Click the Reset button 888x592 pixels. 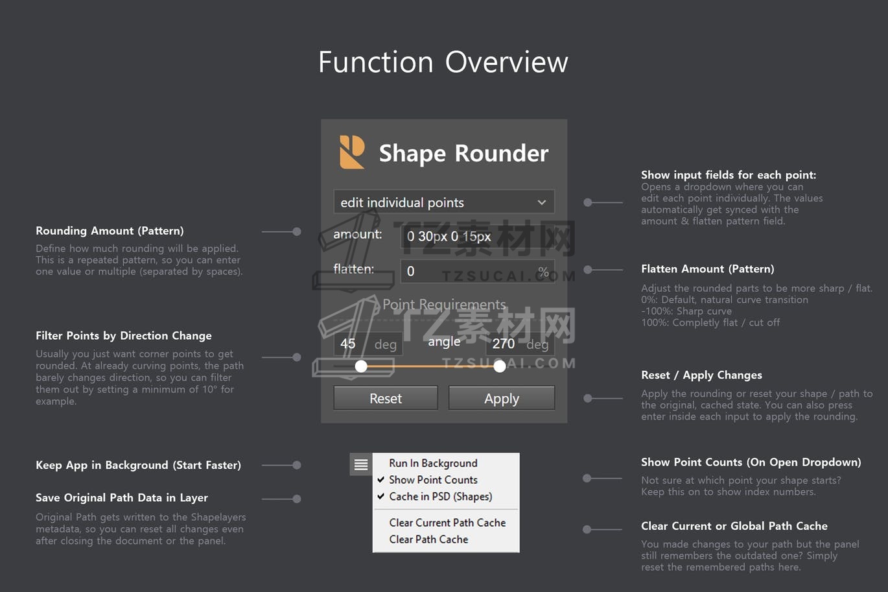[x=386, y=397]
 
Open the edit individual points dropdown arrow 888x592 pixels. [x=541, y=202]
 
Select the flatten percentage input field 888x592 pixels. [x=477, y=271]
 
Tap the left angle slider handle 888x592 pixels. [x=361, y=366]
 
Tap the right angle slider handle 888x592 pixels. [x=500, y=366]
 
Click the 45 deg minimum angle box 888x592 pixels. [x=368, y=344]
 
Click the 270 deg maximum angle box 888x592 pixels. [x=520, y=344]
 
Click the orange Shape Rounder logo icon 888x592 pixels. [x=352, y=152]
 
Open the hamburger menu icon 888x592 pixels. [x=361, y=464]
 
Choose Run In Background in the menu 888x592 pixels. [x=433, y=463]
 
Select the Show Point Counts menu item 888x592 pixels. [x=433, y=480]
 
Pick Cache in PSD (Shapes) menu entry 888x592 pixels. [x=440, y=497]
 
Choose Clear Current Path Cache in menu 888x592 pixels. [x=447, y=523]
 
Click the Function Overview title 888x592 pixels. [x=443, y=62]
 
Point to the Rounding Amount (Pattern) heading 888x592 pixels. [x=110, y=231]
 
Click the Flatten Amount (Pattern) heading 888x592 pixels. [x=708, y=269]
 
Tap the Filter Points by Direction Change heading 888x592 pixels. [x=124, y=335]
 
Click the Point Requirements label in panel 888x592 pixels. [x=444, y=305]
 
